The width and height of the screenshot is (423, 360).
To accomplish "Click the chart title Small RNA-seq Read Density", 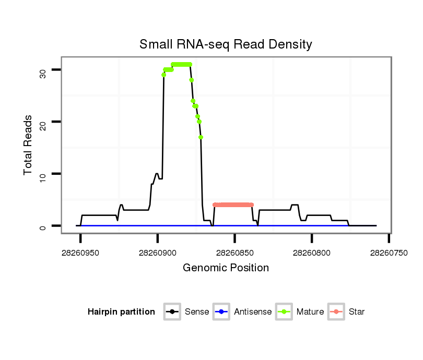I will tap(226, 44).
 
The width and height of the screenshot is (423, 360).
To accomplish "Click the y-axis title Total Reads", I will tap(28, 145).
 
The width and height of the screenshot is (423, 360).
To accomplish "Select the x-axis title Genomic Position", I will tap(226, 268).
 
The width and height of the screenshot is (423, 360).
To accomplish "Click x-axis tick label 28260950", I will tap(80, 253).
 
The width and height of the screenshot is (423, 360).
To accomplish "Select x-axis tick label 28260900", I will tap(158, 253).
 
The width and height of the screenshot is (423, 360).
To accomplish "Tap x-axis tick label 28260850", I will tap(235, 253).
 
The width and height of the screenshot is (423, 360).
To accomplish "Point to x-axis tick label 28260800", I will tap(312, 253).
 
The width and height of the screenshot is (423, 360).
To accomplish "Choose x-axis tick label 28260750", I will tap(389, 253).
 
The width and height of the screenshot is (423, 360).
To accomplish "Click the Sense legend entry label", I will tap(197, 312).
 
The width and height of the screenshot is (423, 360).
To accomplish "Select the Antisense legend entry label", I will tap(253, 312).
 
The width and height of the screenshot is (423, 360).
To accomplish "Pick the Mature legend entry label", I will tap(310, 312).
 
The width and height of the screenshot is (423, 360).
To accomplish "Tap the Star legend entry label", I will tap(356, 312).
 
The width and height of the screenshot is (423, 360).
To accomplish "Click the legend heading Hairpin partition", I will tap(121, 312).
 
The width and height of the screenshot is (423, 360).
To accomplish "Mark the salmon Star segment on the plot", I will tap(233, 205).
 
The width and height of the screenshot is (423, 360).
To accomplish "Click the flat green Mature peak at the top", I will tap(181, 64).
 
